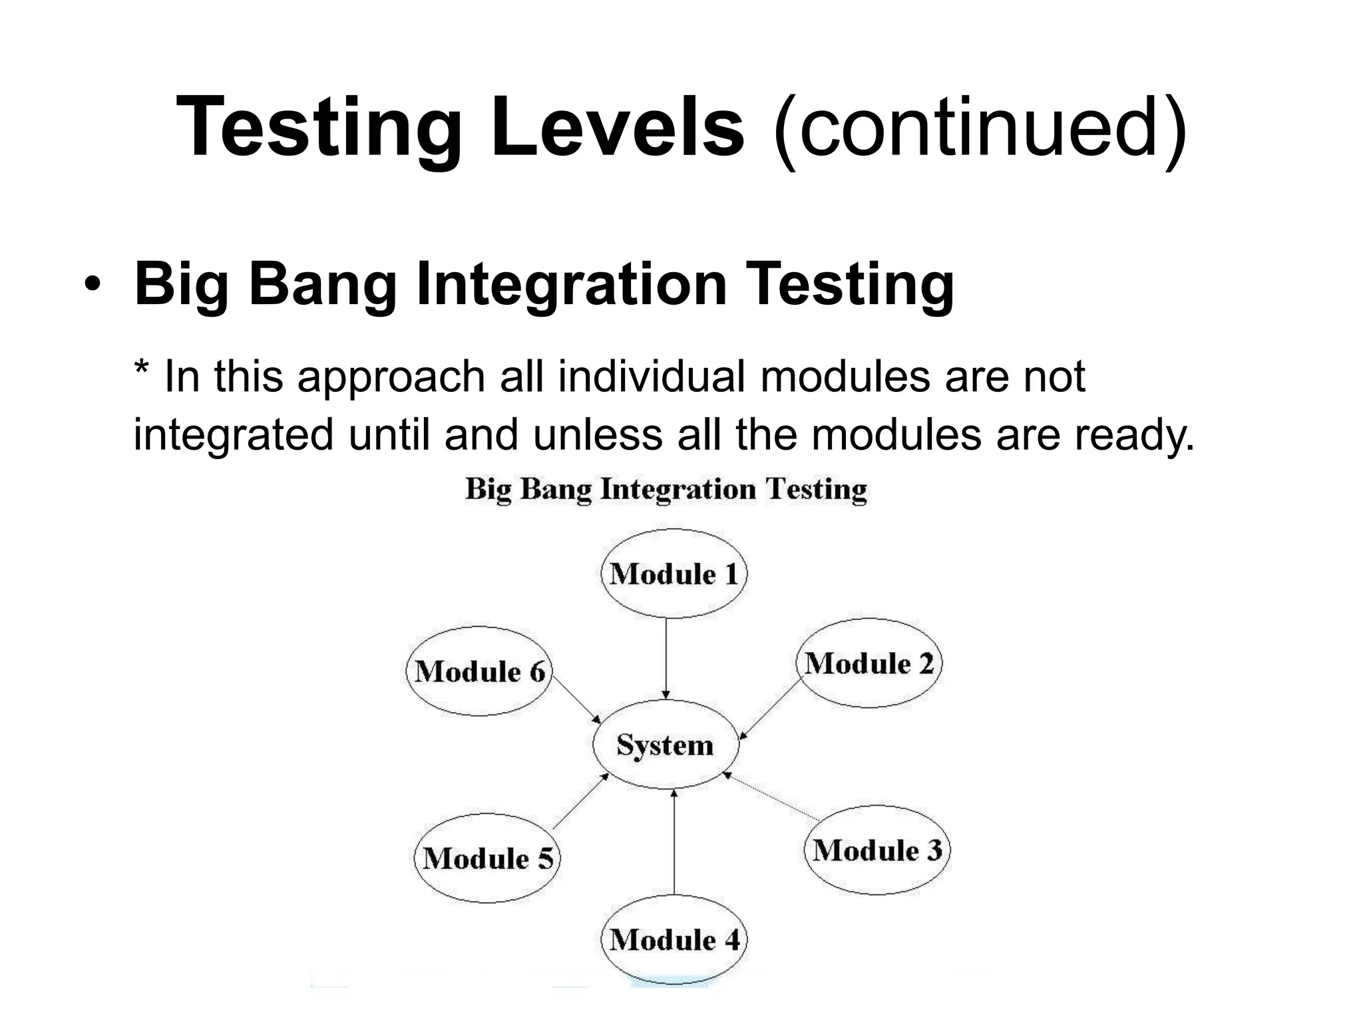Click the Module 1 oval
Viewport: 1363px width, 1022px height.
674,574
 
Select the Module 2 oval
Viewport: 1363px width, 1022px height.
869,663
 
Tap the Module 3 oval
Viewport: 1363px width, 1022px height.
877,850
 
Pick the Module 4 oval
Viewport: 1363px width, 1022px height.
674,939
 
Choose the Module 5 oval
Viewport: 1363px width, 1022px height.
488,858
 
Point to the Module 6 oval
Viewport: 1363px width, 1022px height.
479,671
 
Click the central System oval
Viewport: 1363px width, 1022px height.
666,745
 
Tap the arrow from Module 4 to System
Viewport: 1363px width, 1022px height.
674,842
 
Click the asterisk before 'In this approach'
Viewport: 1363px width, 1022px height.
141,367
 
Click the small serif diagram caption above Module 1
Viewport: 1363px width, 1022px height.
666,490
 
